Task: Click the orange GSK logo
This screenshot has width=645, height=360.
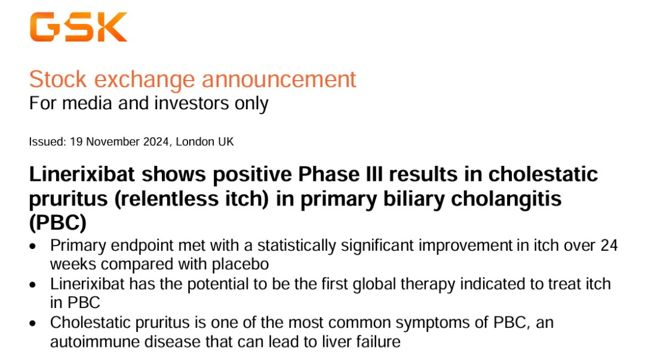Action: tap(78, 27)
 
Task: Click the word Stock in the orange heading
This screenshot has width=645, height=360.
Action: tap(58, 79)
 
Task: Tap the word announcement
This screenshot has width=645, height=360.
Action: tap(279, 79)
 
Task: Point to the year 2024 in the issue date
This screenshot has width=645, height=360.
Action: tap(156, 142)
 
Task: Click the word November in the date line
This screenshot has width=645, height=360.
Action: tap(113, 142)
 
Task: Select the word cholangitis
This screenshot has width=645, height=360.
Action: tap(506, 199)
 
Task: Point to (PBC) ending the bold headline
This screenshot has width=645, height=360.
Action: tap(58, 223)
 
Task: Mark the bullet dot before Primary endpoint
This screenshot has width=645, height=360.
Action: tap(33, 247)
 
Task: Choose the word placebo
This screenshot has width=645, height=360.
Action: tap(240, 264)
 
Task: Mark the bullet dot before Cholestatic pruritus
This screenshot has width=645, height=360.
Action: tap(33, 324)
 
